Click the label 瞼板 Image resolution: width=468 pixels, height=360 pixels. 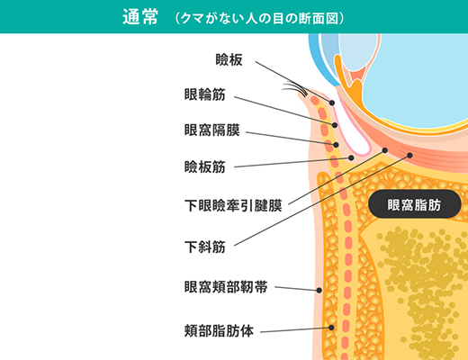(x=229, y=59)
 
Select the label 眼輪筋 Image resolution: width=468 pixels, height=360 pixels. (x=204, y=94)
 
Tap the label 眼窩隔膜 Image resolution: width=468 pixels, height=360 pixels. (x=211, y=130)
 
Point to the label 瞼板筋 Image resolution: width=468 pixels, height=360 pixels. (x=204, y=166)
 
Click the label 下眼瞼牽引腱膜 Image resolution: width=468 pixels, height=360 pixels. (x=233, y=206)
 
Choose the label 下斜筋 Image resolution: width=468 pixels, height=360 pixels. (x=204, y=247)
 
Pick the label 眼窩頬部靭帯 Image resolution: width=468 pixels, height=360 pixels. (x=226, y=287)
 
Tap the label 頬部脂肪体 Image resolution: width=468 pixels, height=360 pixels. (x=219, y=331)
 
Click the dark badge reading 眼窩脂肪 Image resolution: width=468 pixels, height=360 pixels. (x=414, y=204)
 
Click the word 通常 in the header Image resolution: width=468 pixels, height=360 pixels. (x=140, y=17)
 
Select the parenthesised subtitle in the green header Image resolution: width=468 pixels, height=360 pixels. (x=259, y=18)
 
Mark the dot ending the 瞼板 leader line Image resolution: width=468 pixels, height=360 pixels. (x=332, y=103)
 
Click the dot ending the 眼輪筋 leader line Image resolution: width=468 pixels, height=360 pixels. (x=335, y=125)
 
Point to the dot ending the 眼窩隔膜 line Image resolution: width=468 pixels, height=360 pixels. (x=336, y=145)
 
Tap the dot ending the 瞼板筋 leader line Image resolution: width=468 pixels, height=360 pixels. (x=351, y=157)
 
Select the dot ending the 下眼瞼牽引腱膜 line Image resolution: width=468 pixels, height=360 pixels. (x=385, y=150)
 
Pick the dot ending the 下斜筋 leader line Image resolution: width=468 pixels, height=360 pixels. (x=409, y=155)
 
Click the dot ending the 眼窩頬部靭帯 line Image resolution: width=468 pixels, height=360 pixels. (x=319, y=290)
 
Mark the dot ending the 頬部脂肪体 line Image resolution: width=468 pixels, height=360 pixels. (x=331, y=328)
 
